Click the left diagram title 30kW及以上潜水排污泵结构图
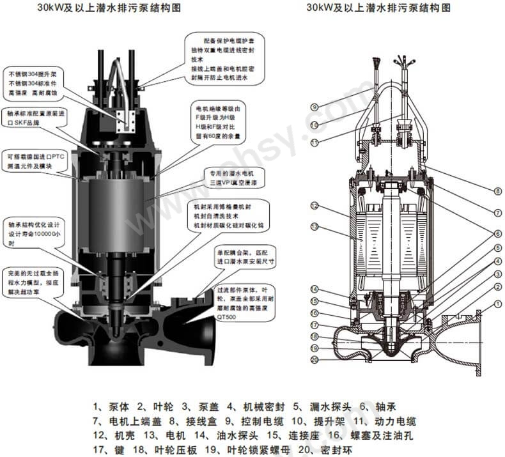click(98, 8)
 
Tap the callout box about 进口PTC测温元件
click(37, 161)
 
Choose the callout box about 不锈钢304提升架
click(35, 81)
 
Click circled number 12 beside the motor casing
click(315, 206)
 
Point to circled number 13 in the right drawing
click(315, 226)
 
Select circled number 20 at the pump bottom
click(315, 359)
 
